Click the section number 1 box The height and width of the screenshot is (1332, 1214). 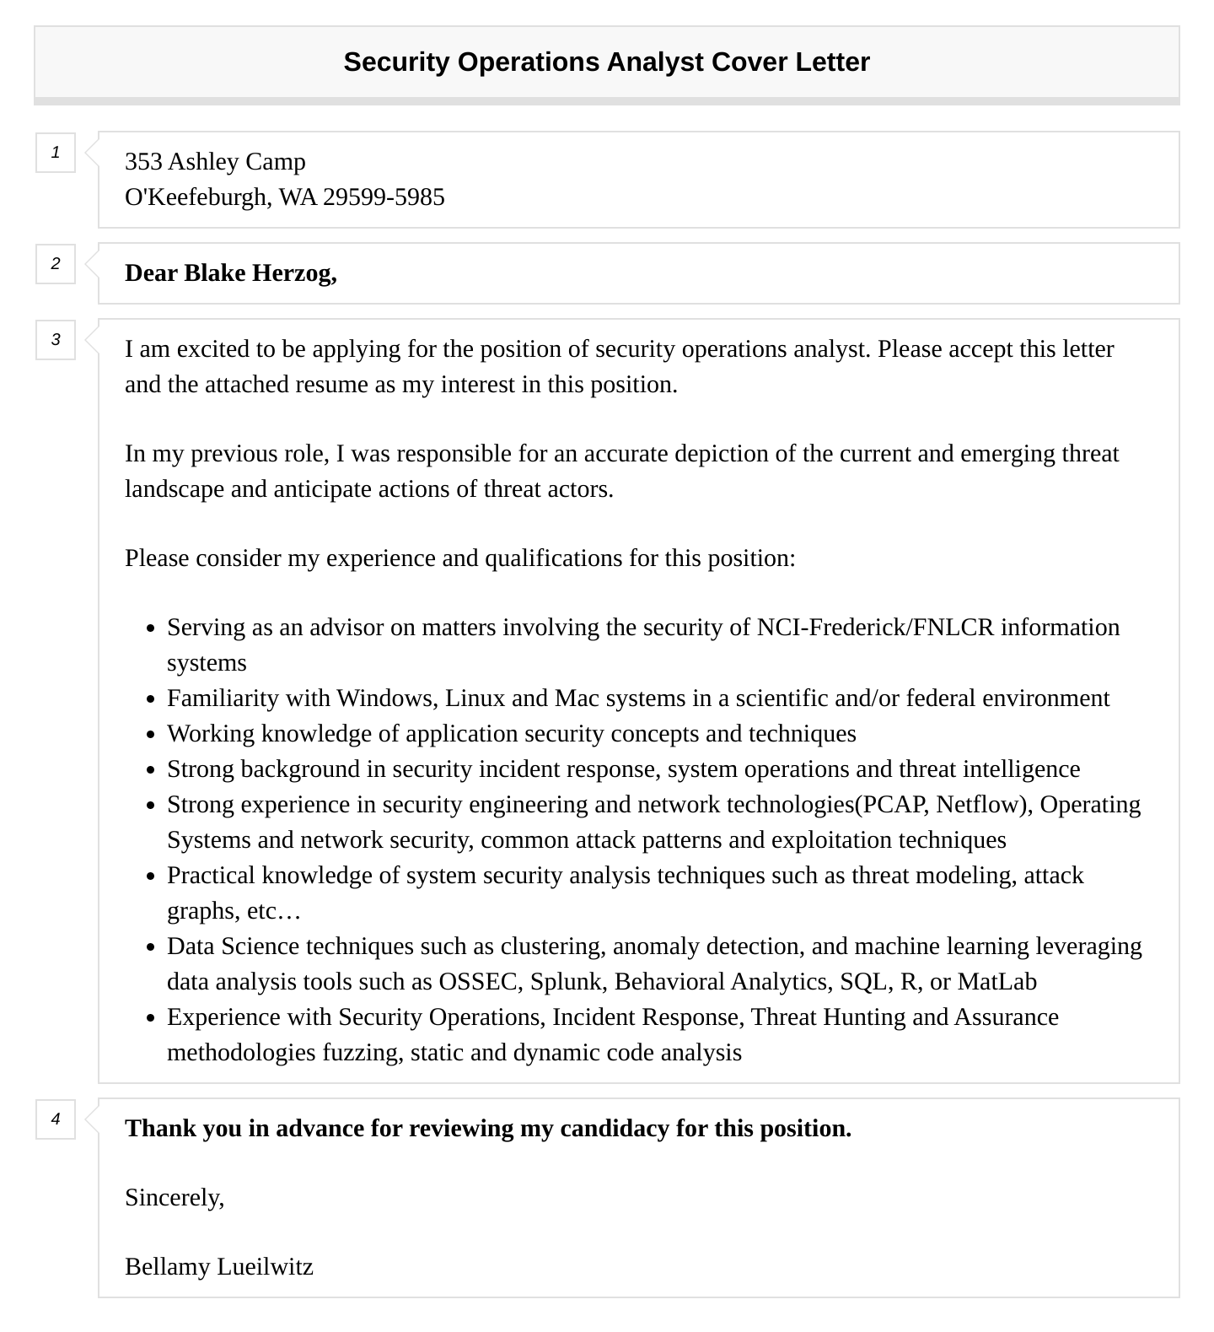(x=56, y=153)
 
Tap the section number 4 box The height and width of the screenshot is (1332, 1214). (x=56, y=1119)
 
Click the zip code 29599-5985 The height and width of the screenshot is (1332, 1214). (x=384, y=197)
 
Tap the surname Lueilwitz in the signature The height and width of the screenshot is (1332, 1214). (x=266, y=1267)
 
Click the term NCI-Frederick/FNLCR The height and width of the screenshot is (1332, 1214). (x=875, y=628)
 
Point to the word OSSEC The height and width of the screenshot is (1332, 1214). (x=478, y=982)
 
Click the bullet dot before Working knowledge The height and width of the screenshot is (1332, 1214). (x=150, y=735)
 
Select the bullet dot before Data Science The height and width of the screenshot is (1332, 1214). (x=150, y=947)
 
